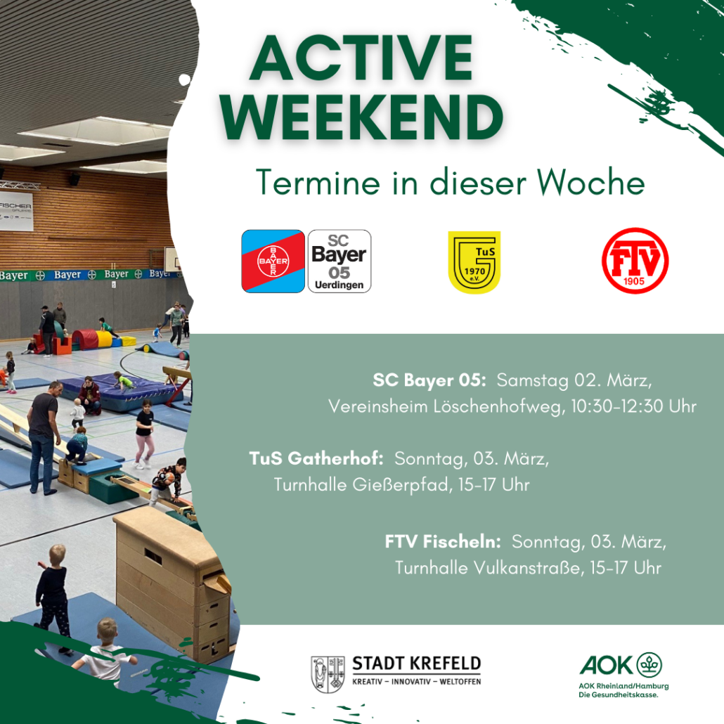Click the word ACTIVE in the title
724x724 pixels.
[361, 58]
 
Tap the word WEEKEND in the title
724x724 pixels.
[361, 117]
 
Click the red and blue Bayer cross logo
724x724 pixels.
[273, 261]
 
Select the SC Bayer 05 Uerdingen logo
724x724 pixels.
[340, 261]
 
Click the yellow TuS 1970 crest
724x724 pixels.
[474, 262]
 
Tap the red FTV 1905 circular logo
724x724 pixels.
[635, 261]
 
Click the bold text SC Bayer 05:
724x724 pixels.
[429, 380]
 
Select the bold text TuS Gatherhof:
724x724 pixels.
[316, 458]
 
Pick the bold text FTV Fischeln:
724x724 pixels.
[443, 542]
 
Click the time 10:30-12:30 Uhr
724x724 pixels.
[633, 406]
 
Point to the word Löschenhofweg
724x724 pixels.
[499, 407]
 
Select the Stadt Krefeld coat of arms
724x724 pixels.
[328, 674]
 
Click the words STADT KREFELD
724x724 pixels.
[417, 664]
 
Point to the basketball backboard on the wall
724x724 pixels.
[172, 259]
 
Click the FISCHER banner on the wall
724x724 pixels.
[16, 211]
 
